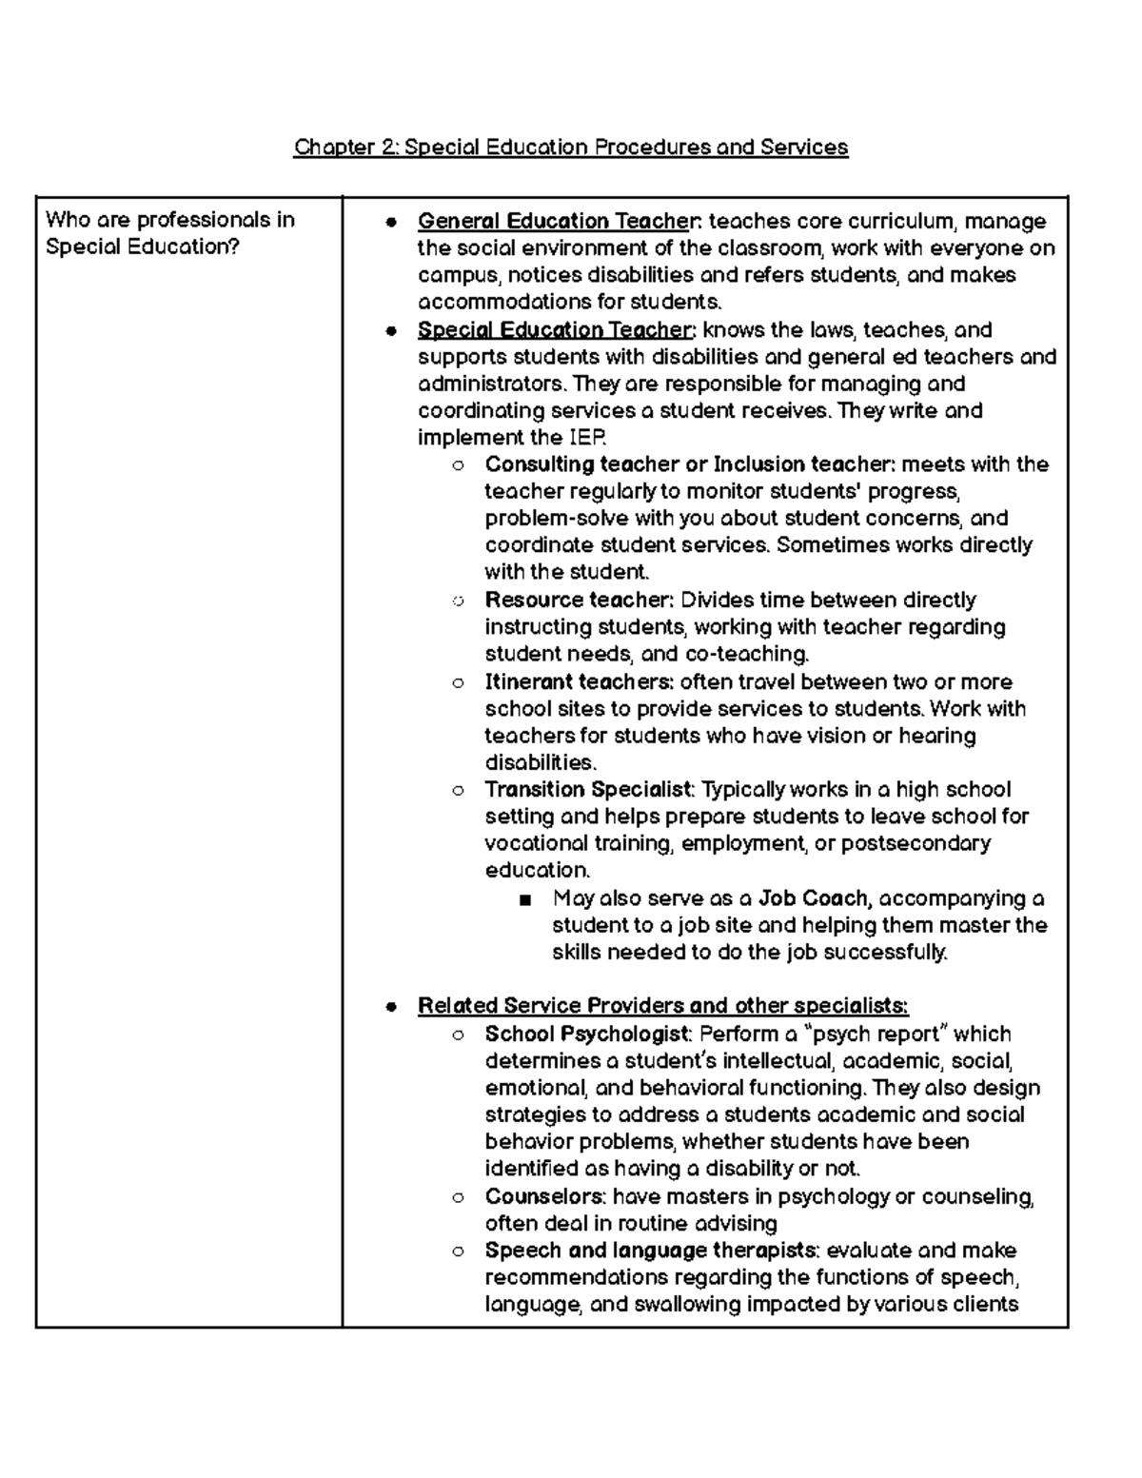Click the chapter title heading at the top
click(570, 148)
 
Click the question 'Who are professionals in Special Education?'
click(170, 233)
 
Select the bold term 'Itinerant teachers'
click(579, 682)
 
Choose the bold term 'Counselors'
click(544, 1196)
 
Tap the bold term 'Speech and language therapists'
click(650, 1251)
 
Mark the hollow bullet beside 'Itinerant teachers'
click(459, 683)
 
